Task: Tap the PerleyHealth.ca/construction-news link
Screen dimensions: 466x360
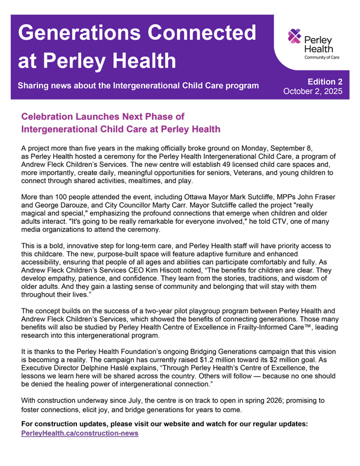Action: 79,433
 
